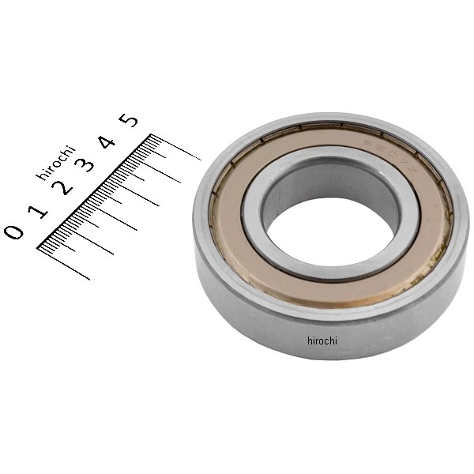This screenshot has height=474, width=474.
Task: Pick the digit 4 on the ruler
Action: pyautogui.click(x=106, y=143)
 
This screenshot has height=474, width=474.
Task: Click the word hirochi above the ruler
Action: pyautogui.click(x=55, y=163)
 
